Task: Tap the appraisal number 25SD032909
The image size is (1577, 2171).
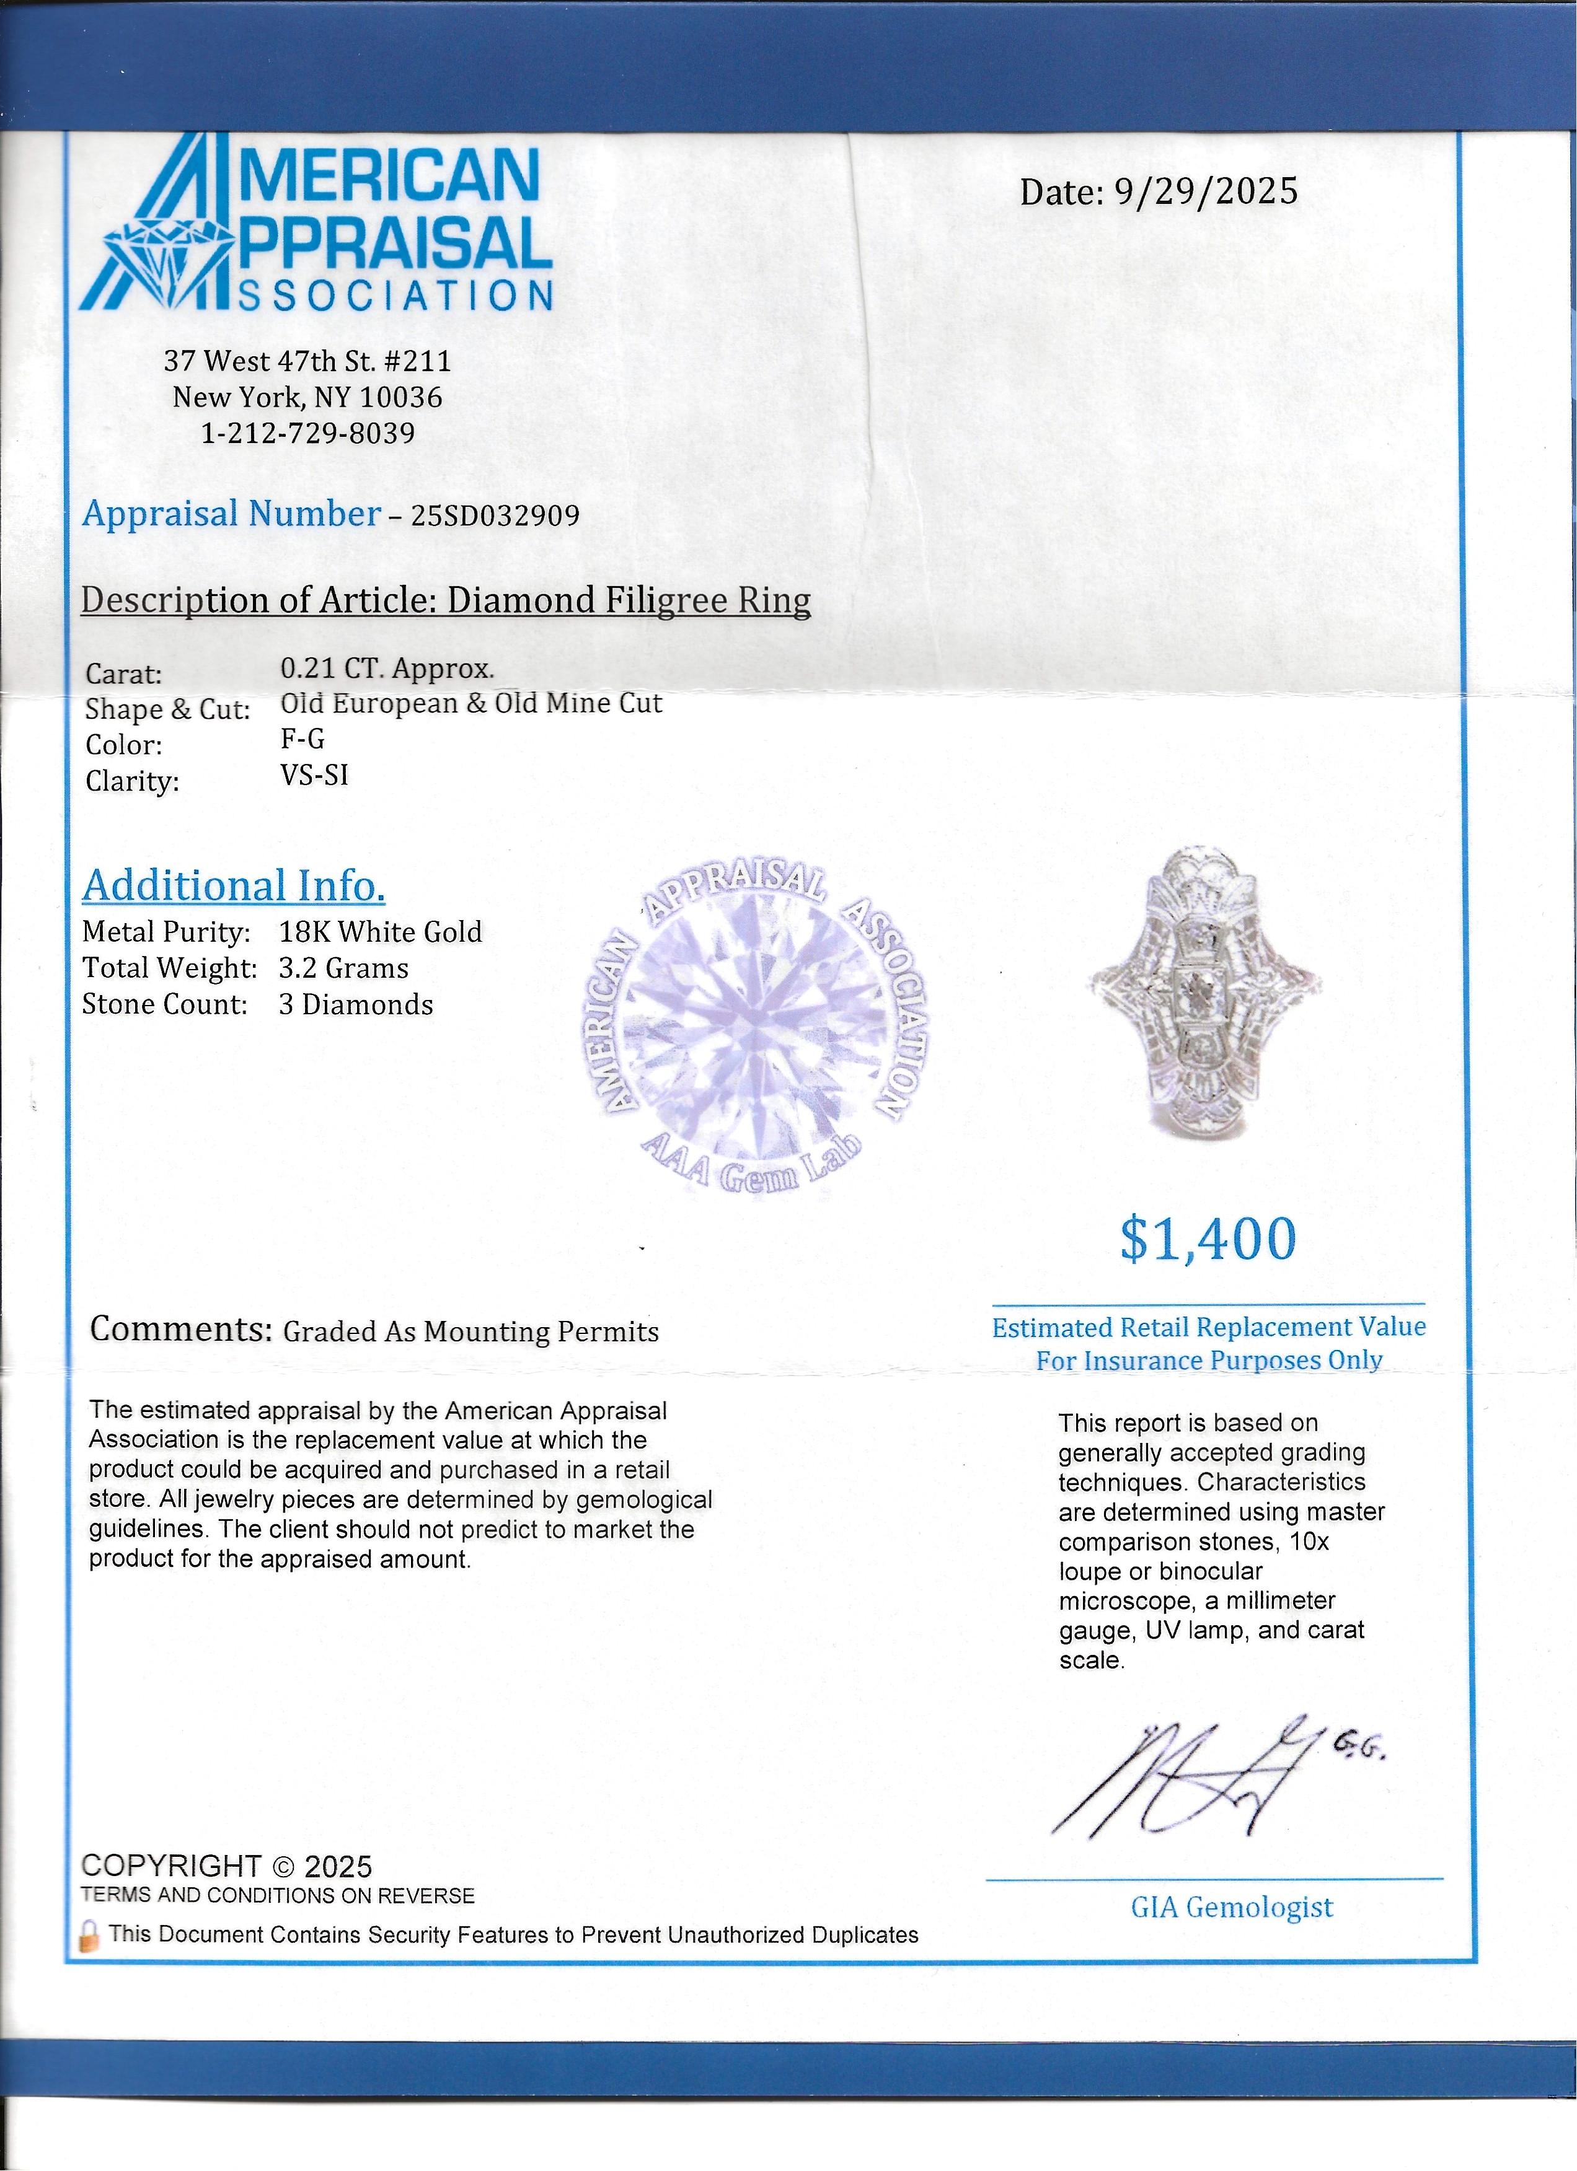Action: tap(495, 516)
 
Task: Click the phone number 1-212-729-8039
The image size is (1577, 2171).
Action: tap(307, 434)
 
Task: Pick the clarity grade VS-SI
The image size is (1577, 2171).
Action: tap(314, 774)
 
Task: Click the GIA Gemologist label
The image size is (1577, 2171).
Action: tap(1231, 1907)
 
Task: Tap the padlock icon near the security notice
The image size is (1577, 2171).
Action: tap(89, 1936)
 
